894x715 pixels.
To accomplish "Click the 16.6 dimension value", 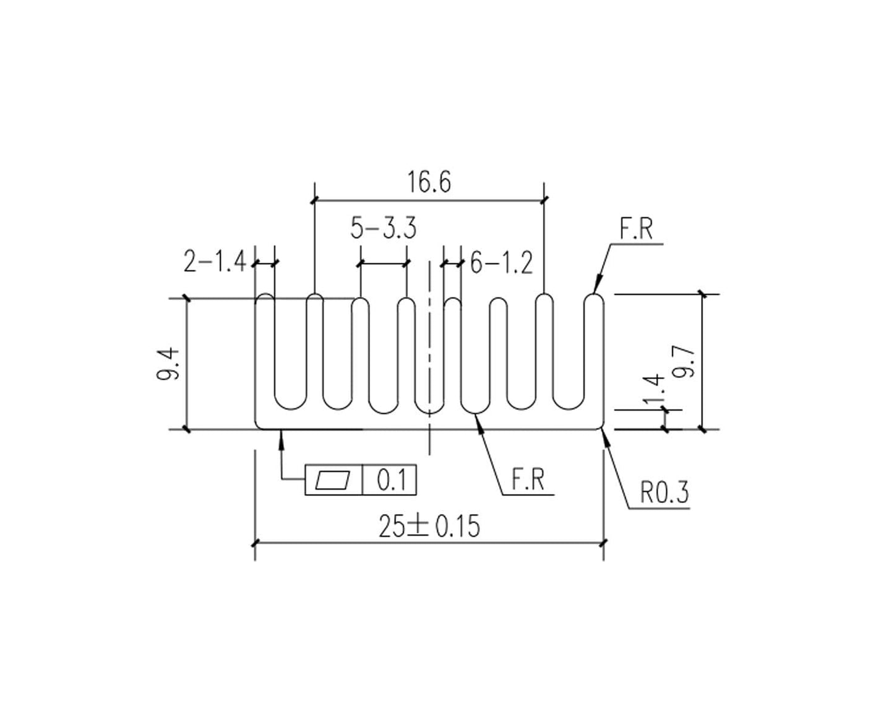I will [429, 182].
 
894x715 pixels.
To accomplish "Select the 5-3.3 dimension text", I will [383, 228].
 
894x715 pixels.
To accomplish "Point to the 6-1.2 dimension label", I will [501, 263].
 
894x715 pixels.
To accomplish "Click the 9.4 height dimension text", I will [169, 364].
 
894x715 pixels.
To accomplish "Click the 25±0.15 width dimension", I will [429, 526].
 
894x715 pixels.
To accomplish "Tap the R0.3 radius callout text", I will [664, 494].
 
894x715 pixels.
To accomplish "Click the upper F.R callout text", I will [635, 229].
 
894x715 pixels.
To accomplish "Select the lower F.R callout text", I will [528, 481].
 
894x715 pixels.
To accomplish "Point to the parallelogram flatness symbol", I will [333, 480].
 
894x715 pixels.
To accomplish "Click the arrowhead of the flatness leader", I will [282, 434].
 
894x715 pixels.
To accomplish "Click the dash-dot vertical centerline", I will [429, 346].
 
